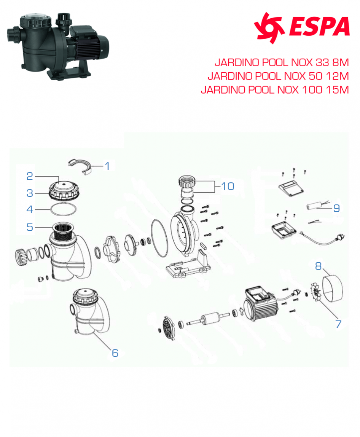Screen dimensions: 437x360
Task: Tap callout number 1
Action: coord(107,166)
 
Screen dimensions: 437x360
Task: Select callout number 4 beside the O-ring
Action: coord(30,209)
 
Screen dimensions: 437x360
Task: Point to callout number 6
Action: coord(115,353)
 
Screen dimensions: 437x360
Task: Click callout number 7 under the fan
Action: coord(338,324)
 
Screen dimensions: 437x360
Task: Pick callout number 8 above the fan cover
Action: coord(319,266)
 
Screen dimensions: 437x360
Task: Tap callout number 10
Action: coord(228,186)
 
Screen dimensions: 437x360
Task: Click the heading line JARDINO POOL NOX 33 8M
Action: coord(282,62)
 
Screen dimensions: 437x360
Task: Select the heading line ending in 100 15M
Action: coord(274,90)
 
